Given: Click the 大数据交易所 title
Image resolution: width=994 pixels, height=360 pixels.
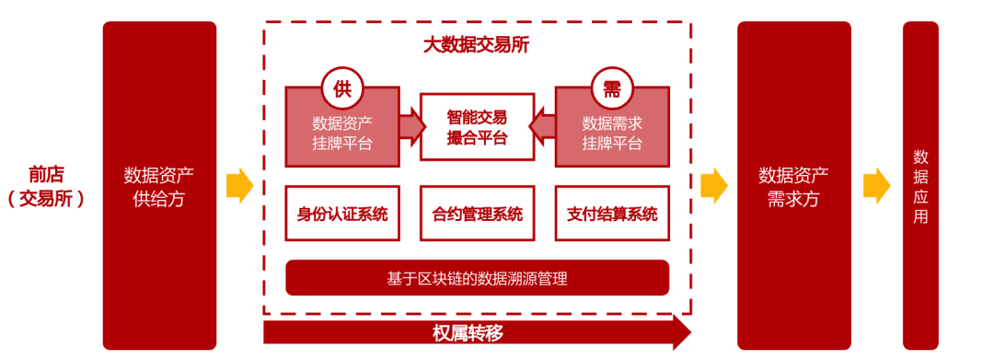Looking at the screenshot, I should pyautogui.click(x=476, y=43).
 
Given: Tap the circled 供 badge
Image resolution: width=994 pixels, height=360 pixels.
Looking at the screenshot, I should pyautogui.click(x=342, y=88).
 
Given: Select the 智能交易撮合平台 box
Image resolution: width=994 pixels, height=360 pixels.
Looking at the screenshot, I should pyautogui.click(x=477, y=127).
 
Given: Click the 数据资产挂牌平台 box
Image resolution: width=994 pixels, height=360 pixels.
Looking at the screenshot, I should pyautogui.click(x=341, y=134).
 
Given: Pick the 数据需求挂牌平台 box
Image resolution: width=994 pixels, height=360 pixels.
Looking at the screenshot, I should pyautogui.click(x=612, y=134).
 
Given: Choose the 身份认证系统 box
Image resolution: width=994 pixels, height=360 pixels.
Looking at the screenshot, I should pyautogui.click(x=342, y=215).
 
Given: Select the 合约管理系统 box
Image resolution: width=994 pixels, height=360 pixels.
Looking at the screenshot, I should pyautogui.click(x=477, y=215).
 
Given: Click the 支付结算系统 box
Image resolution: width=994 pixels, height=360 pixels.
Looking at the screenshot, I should pyautogui.click(x=612, y=215).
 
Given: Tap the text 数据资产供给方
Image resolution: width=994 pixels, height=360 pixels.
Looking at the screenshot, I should pyautogui.click(x=159, y=186).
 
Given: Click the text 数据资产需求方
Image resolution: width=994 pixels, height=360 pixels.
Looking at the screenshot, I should pyautogui.click(x=793, y=186).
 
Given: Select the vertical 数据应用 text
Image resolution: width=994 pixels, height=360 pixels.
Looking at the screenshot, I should pyautogui.click(x=920, y=186).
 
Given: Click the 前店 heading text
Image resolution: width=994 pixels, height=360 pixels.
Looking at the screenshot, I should pyautogui.click(x=46, y=174).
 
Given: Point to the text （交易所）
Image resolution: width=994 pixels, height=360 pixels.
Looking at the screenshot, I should pyautogui.click(x=46, y=198).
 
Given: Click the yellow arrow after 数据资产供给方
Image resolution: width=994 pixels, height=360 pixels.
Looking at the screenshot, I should pyautogui.click(x=239, y=185).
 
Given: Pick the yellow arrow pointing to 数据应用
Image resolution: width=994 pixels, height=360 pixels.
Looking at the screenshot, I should pyautogui.click(x=876, y=185).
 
